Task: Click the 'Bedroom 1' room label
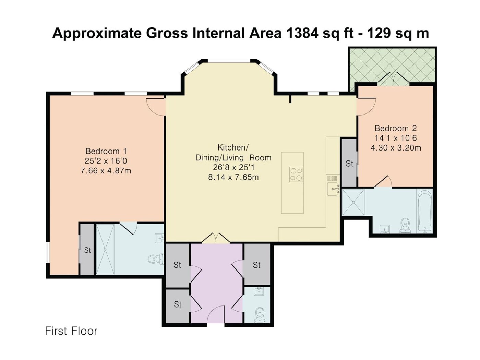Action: pos(106,151)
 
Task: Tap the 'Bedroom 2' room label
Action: pos(396,128)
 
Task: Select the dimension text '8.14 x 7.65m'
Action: pos(233,177)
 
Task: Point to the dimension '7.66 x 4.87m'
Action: pos(106,170)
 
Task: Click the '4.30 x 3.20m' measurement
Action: pos(396,148)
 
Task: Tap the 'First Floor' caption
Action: pos(71,331)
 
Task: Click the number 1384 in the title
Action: pos(302,33)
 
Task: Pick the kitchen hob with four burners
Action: pos(296,175)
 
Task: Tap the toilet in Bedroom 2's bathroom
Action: pos(405,226)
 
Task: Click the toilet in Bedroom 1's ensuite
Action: pos(156,259)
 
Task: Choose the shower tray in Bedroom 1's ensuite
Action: pos(105,249)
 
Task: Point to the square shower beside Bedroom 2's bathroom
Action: pos(353,202)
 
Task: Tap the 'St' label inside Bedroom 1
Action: pos(87,250)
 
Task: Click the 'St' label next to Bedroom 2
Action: pos(349,164)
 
